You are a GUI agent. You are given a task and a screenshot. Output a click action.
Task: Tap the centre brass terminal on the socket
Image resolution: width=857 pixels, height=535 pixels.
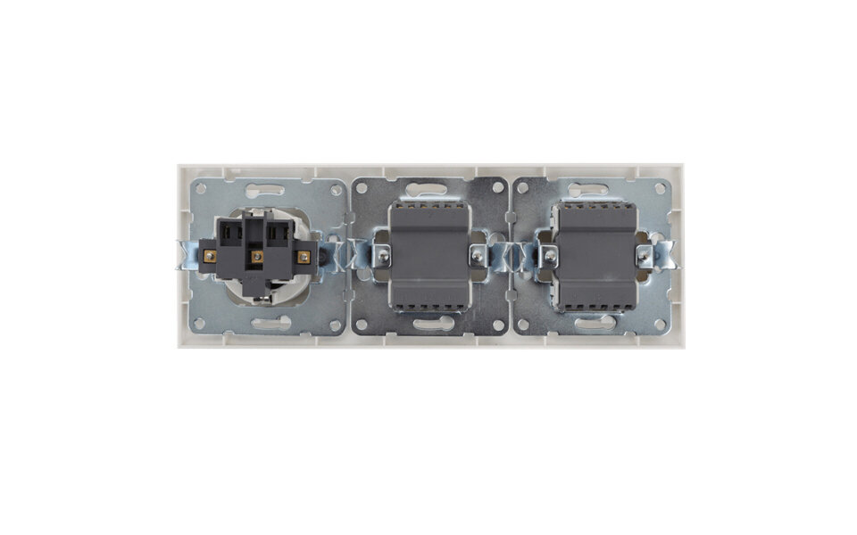pyautogui.click(x=256, y=257)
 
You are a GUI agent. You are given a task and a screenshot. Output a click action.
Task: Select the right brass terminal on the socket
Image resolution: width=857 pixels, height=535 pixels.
pyautogui.click(x=303, y=257)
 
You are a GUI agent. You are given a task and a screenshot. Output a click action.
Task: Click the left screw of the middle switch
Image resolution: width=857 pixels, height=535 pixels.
pyautogui.click(x=382, y=257)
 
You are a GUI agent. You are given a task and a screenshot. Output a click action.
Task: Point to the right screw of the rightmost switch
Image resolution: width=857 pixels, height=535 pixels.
pyautogui.click(x=642, y=257)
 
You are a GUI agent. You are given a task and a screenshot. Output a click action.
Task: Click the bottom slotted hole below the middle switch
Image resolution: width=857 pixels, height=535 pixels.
pyautogui.click(x=431, y=325)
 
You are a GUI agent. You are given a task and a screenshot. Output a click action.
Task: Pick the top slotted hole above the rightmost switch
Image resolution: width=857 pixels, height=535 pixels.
pyautogui.click(x=594, y=189)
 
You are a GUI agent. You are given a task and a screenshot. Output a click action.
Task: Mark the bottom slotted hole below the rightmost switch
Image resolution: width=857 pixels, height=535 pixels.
pyautogui.click(x=594, y=324)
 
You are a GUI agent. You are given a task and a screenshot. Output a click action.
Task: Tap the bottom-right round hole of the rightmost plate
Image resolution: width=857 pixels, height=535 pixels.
pyautogui.click(x=661, y=325)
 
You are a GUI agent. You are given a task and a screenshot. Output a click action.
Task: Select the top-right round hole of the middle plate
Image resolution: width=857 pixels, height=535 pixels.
pyautogui.click(x=498, y=188)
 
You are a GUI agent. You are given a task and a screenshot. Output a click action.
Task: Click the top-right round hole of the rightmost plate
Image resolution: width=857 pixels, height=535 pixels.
pyautogui.click(x=661, y=188)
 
